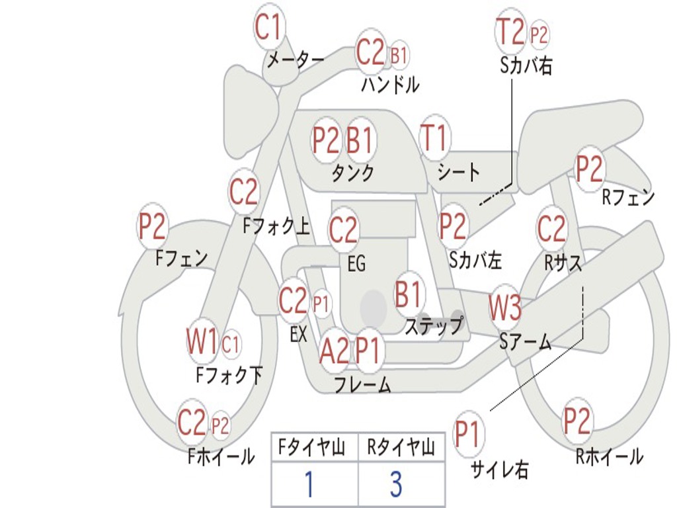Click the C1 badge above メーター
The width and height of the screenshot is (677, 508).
tap(268, 28)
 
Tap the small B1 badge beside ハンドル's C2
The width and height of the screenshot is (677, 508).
tap(399, 56)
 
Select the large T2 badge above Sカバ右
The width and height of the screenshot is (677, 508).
tap(510, 31)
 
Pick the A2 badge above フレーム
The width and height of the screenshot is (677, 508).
tap(334, 351)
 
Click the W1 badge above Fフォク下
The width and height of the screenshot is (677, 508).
tap(202, 343)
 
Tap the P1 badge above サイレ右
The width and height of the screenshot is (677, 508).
tap(468, 435)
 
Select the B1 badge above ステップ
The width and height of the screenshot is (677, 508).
tap(409, 294)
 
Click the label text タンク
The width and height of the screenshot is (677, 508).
tap(352, 173)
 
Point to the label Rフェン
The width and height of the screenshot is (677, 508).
tap(627, 196)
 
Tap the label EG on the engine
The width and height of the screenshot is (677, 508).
tap(356, 264)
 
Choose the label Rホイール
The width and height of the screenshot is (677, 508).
tap(609, 456)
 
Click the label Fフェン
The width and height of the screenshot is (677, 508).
tap(182, 258)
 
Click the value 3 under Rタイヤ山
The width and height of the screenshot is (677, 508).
tap(396, 484)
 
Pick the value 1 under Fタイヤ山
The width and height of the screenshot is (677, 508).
tap(308, 484)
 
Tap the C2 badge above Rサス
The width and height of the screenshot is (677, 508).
tap(551, 229)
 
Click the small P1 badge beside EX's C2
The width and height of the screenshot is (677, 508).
tap(321, 305)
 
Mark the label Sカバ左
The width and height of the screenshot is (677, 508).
tap(475, 260)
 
